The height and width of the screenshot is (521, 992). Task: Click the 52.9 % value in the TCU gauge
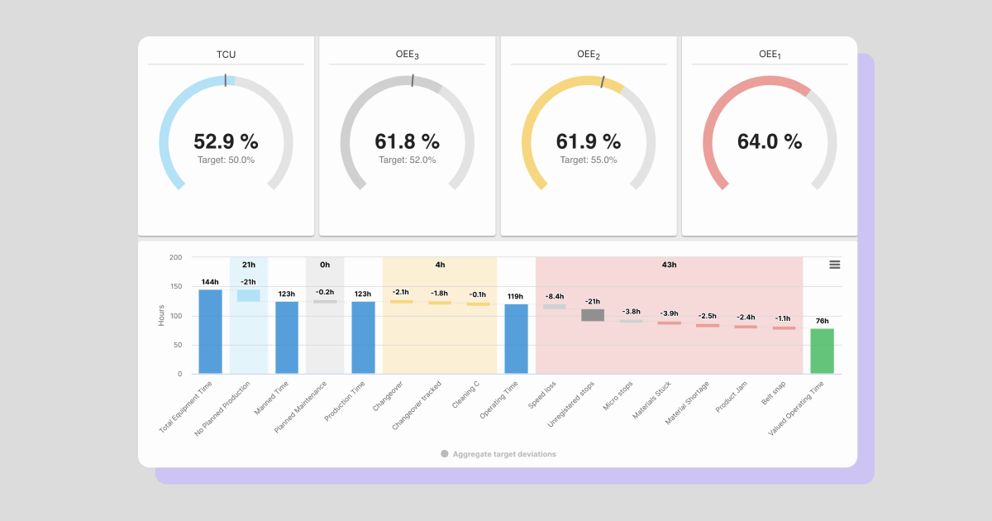tap(226, 141)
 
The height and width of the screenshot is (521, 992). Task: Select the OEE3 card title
tap(407, 55)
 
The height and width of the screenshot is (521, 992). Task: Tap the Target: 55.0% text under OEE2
tap(588, 160)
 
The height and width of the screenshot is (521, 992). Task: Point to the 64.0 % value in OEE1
tap(769, 141)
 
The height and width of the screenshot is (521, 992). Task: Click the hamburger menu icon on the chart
tap(834, 265)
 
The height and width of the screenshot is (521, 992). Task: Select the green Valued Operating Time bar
tap(822, 351)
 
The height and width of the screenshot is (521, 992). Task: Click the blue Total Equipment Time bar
tap(210, 331)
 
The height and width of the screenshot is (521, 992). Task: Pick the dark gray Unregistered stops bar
tap(592, 315)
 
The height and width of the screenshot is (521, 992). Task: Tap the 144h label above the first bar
tap(210, 282)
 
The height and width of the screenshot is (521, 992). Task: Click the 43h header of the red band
tap(669, 265)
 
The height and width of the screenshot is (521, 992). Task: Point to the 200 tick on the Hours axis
tap(175, 257)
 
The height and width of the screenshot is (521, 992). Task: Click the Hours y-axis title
tap(161, 315)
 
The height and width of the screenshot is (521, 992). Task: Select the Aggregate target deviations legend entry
tap(498, 454)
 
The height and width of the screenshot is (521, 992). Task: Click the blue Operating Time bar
tap(516, 338)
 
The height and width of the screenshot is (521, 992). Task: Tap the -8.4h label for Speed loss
tap(554, 296)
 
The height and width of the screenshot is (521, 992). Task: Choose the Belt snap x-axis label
tap(774, 395)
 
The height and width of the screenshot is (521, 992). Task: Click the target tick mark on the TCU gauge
tap(225, 79)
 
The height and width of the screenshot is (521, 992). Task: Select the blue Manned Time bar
tap(287, 337)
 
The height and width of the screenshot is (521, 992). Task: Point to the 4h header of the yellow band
tap(440, 265)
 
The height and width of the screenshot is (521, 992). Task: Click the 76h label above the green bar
tap(822, 321)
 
